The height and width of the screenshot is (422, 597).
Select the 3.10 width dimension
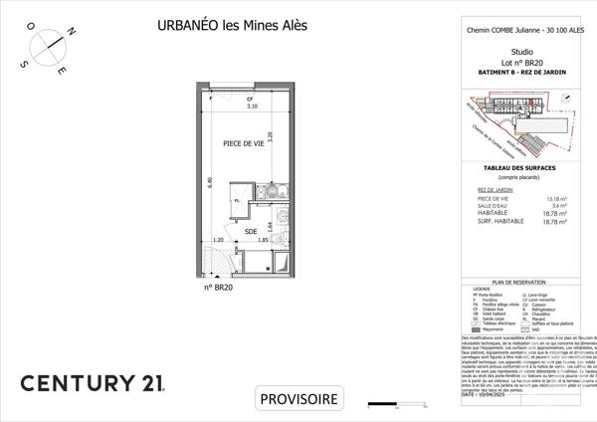224,105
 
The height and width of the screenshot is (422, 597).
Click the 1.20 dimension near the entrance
218,241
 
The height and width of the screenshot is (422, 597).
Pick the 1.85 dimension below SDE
262,241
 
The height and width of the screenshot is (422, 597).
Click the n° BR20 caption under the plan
218,288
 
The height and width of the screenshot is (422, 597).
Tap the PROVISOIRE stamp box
298,399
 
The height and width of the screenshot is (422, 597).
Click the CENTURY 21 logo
96,382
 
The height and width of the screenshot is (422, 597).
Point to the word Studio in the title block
520,51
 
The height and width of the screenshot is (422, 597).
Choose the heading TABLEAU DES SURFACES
521,168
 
